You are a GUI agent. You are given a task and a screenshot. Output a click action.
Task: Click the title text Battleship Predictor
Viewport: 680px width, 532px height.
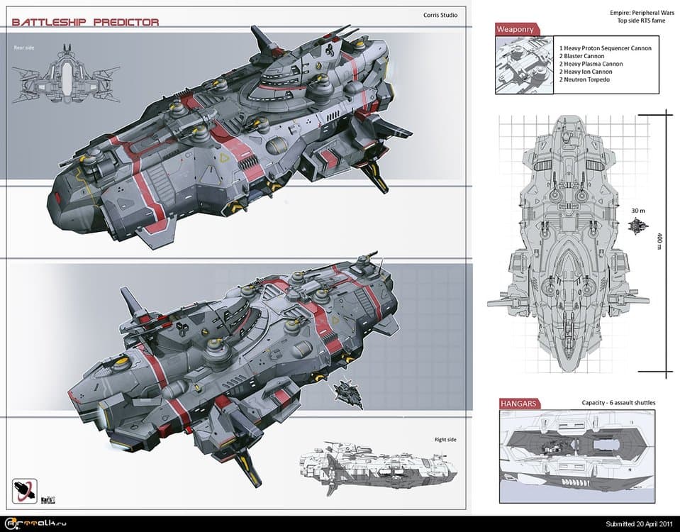point(86,22)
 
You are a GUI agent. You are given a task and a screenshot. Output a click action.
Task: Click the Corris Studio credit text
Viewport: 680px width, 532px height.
point(440,15)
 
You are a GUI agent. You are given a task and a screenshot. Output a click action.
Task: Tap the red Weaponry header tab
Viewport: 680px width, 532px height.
point(516,30)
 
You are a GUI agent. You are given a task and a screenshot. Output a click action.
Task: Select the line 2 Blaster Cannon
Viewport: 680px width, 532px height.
point(581,56)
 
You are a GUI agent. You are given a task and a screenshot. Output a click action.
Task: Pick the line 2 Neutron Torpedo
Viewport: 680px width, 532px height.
point(585,79)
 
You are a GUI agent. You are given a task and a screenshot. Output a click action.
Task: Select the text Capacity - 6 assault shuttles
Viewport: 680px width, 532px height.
point(618,403)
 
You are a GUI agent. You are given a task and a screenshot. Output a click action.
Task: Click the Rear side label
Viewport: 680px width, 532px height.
point(24,48)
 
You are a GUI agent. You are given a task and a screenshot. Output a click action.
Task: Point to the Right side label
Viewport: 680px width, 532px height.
point(445,440)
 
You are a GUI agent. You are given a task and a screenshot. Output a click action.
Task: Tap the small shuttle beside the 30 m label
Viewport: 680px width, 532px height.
point(638,226)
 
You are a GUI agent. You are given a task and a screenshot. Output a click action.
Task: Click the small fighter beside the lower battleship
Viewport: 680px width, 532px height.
point(348,392)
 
